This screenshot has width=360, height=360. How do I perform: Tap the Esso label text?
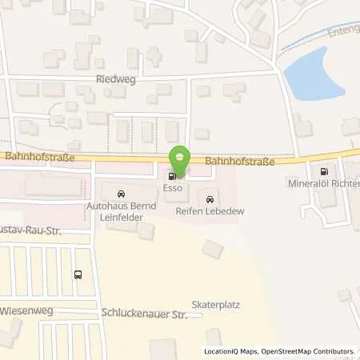click(x=174, y=189)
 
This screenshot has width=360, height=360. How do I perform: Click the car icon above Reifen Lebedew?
click(x=210, y=198)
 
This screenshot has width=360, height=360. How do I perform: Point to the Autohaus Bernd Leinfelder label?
click(x=121, y=211)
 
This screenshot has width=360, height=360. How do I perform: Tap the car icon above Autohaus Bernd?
click(x=121, y=194)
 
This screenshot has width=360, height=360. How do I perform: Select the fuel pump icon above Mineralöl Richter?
click(x=324, y=170)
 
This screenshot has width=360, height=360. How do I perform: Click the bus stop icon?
click(x=77, y=274)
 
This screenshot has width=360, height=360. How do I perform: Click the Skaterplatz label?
click(x=216, y=305)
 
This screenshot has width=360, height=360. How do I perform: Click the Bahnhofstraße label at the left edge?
click(x=25, y=158)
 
